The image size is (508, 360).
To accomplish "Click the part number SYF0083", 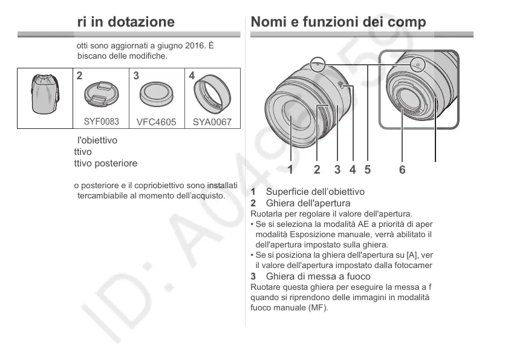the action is pos(101,121).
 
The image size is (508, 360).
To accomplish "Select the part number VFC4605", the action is pos(156,122).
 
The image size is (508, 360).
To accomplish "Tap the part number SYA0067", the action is pos(212,122).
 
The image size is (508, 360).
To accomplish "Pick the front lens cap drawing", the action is pos(101,94).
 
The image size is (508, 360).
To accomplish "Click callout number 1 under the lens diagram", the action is pos(290,169).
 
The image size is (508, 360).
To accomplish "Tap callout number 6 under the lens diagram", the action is pos(403,169).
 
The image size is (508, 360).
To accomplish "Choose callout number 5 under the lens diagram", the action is pos(367,169).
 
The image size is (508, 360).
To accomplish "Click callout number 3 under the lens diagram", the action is pos(337,169).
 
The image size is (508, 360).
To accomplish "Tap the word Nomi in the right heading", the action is pos(269,22).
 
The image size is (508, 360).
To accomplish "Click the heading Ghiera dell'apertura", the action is pos(308,203).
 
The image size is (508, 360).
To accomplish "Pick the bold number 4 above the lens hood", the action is pos(192,76).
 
